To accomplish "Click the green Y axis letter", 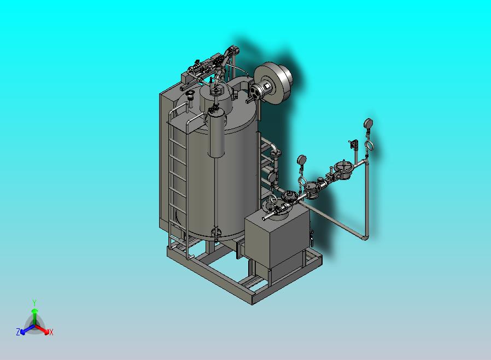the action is click(34, 303).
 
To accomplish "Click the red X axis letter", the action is click(51, 332).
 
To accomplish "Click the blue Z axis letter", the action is click(18, 332).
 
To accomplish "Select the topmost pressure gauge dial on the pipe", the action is click(369, 123).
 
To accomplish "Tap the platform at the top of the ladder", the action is click(188, 120).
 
